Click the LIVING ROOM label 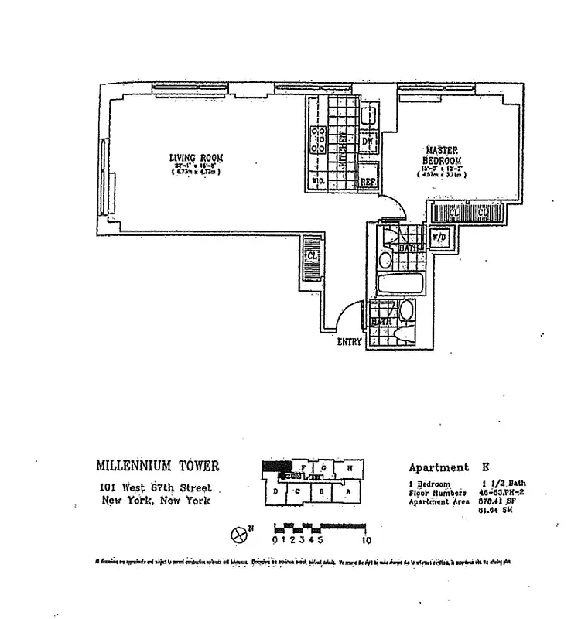[196, 159]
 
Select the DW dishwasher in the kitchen [369, 142]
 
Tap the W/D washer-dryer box [437, 238]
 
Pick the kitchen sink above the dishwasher [369, 115]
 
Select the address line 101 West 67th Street [157, 487]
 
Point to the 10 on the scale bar [368, 539]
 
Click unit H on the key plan [351, 467]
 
